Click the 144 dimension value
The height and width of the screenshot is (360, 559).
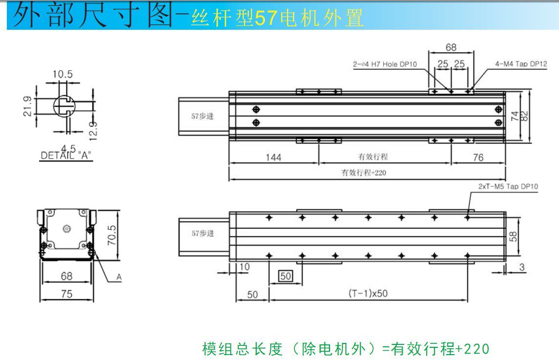click(273, 158)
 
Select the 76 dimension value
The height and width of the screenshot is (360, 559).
click(478, 158)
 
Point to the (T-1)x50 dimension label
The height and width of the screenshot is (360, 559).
click(368, 293)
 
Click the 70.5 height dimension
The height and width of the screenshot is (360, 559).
click(112, 235)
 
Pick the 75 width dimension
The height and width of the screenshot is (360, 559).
click(66, 294)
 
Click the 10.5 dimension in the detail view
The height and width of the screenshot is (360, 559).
click(62, 74)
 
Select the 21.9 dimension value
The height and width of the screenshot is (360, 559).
click(28, 106)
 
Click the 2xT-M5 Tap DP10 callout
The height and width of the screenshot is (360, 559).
click(508, 186)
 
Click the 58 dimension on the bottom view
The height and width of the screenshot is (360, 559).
click(513, 237)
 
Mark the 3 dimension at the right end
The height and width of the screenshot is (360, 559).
click(522, 267)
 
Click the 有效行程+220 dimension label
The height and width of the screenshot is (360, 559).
click(364, 172)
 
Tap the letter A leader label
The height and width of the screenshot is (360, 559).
click(119, 278)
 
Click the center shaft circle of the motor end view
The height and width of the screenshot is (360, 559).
click(66, 228)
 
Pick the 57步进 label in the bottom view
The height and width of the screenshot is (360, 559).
click(203, 234)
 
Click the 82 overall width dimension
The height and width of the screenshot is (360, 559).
click(525, 115)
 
